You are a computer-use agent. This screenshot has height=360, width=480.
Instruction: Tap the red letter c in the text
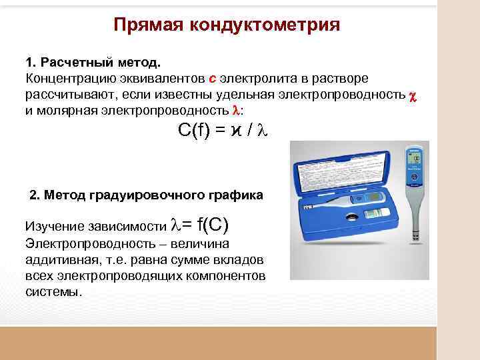tap(213, 78)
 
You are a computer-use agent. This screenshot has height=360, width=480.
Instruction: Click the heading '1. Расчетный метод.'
tap(93, 63)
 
